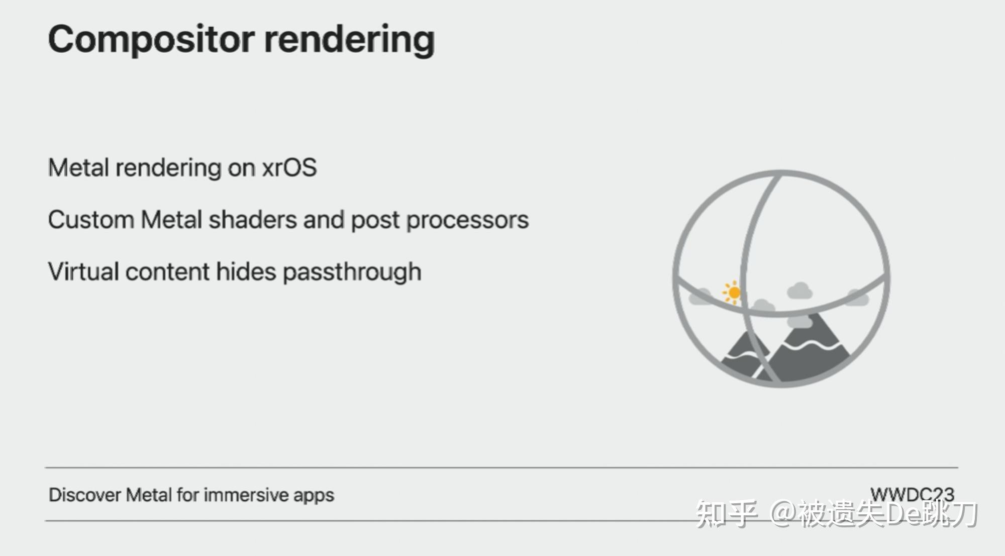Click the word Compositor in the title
click(151, 40)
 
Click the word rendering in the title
click(349, 40)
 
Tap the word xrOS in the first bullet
click(289, 167)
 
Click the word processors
click(467, 221)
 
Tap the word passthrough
click(352, 272)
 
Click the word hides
click(246, 271)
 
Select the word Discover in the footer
click(84, 495)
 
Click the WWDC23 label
click(912, 494)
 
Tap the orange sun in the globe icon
click(734, 292)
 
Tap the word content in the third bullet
click(167, 271)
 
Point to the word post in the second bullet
click(375, 221)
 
